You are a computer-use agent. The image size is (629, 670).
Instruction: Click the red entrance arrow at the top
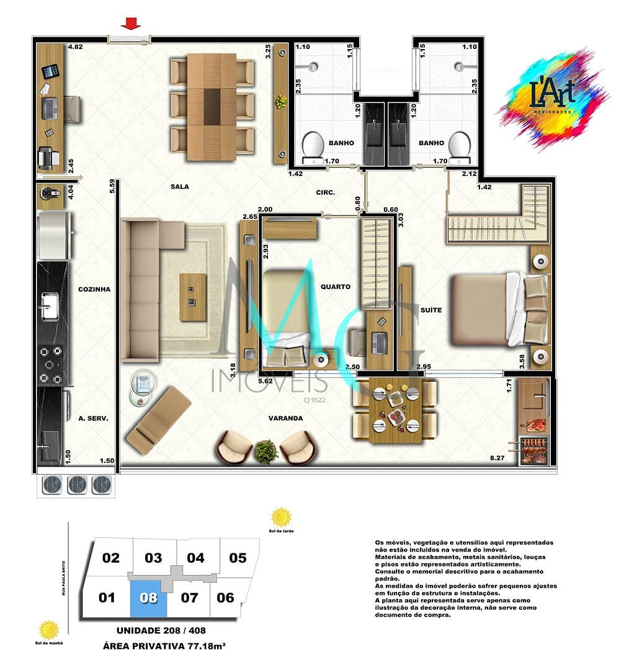click(x=130, y=24)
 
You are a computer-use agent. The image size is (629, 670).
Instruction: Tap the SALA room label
click(x=180, y=186)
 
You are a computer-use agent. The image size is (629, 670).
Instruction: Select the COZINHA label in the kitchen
click(x=94, y=289)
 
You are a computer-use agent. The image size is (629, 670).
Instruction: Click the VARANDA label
click(x=285, y=418)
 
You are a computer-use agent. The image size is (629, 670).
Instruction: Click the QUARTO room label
click(x=336, y=287)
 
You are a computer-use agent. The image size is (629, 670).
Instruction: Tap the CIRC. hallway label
click(x=325, y=192)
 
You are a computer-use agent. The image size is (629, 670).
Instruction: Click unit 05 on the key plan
click(x=238, y=557)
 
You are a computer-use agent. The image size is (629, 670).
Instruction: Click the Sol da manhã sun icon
click(x=49, y=630)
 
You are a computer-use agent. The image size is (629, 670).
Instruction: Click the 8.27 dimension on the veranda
click(x=496, y=458)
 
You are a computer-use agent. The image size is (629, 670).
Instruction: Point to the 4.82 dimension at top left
click(x=75, y=47)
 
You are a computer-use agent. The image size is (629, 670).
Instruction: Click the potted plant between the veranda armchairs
click(x=266, y=451)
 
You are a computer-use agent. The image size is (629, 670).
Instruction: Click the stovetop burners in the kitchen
click(x=50, y=364)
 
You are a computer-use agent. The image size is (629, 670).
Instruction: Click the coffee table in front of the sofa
click(x=193, y=297)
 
